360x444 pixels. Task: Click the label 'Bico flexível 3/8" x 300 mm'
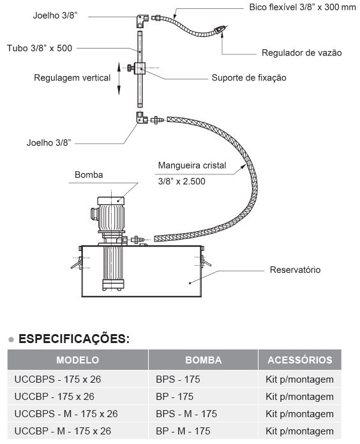pyautogui.click(x=303, y=7)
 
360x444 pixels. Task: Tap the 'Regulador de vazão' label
pyautogui.click(x=301, y=52)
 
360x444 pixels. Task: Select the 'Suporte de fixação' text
pyautogui.click(x=249, y=77)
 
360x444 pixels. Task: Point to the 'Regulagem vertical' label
pyautogui.click(x=72, y=78)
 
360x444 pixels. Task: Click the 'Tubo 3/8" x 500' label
pyautogui.click(x=40, y=48)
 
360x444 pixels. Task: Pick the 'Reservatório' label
pyautogui.click(x=295, y=270)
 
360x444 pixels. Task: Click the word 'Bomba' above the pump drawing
pyautogui.click(x=89, y=174)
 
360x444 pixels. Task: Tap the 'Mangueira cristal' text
pyautogui.click(x=192, y=165)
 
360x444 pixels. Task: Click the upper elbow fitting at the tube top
pyautogui.click(x=142, y=20)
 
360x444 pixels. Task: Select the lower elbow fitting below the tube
pyautogui.click(x=142, y=118)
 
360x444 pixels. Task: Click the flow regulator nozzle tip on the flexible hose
pyautogui.click(x=221, y=29)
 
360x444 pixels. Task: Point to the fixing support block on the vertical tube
pyautogui.click(x=140, y=68)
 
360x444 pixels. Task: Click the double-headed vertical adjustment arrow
pyautogui.click(x=119, y=79)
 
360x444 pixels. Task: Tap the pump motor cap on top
pyautogui.click(x=110, y=201)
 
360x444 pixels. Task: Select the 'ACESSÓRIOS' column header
pyautogui.click(x=300, y=360)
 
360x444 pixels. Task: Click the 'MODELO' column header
pyautogui.click(x=77, y=360)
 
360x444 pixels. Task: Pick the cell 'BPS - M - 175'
pyautogui.click(x=186, y=414)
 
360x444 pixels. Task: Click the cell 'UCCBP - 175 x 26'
pyautogui.click(x=54, y=397)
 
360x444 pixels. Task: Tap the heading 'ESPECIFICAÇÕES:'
pyautogui.click(x=74, y=339)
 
